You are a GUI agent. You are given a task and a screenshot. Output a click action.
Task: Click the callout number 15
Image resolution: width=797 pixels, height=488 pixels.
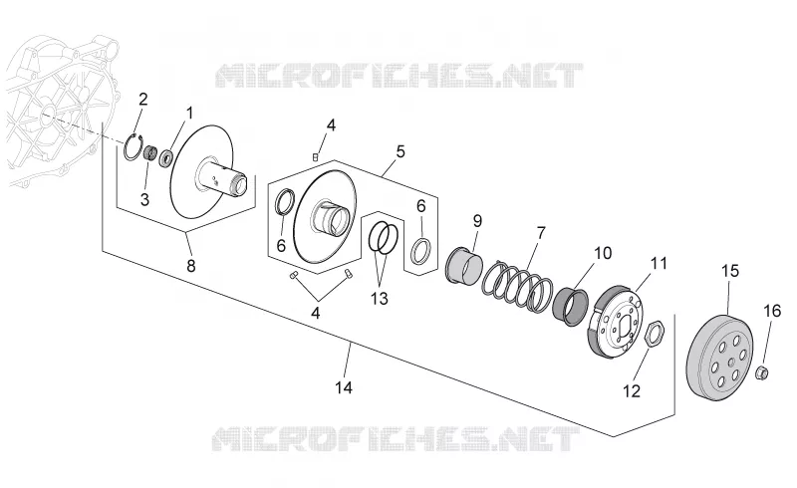tap(730, 271)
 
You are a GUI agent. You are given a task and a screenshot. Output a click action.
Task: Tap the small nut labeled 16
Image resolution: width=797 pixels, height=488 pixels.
tap(762, 372)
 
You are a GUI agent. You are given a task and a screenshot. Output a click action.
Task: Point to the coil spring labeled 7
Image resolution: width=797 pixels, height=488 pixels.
tap(517, 286)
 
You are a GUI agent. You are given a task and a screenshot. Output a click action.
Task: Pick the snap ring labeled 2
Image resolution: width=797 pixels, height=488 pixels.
tap(134, 148)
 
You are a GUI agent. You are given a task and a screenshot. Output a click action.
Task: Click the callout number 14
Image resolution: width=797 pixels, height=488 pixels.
tap(344, 387)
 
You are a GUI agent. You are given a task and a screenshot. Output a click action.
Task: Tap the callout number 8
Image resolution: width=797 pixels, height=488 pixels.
tap(191, 265)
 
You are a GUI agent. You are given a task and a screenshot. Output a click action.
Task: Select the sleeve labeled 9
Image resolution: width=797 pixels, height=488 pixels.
tap(463, 264)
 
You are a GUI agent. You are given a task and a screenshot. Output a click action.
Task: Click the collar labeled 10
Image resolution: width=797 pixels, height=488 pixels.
tap(571, 306)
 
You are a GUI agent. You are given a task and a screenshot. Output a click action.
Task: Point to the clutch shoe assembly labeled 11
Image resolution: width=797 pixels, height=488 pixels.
tap(616, 320)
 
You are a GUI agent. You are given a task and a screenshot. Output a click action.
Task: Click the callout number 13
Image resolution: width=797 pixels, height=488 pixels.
tap(380, 299)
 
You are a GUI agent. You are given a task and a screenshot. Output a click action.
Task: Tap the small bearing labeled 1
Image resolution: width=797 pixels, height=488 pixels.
tap(167, 157)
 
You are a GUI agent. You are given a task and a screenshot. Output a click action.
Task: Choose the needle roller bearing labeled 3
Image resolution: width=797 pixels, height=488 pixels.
tap(149, 152)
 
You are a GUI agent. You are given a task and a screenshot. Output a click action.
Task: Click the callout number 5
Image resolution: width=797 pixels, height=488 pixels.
tap(400, 151)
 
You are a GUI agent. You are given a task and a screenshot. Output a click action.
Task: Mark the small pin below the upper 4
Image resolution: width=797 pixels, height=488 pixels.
tap(315, 157)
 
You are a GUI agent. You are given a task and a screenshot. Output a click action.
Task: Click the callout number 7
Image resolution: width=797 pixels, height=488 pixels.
tap(541, 233)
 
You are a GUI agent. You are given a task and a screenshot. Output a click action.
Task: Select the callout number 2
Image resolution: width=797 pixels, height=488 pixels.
tap(143, 100)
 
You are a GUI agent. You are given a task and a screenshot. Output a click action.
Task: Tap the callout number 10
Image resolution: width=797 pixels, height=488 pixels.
tap(603, 253)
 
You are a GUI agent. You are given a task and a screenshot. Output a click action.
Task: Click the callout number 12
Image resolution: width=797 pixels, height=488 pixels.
tap(632, 391)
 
